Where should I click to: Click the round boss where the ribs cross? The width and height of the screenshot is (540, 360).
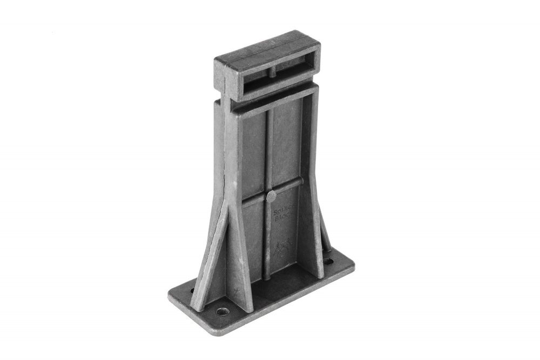(271, 196)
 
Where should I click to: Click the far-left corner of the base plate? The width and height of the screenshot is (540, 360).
(169, 296)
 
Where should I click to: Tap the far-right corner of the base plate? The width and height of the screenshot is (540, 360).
(354, 266)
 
